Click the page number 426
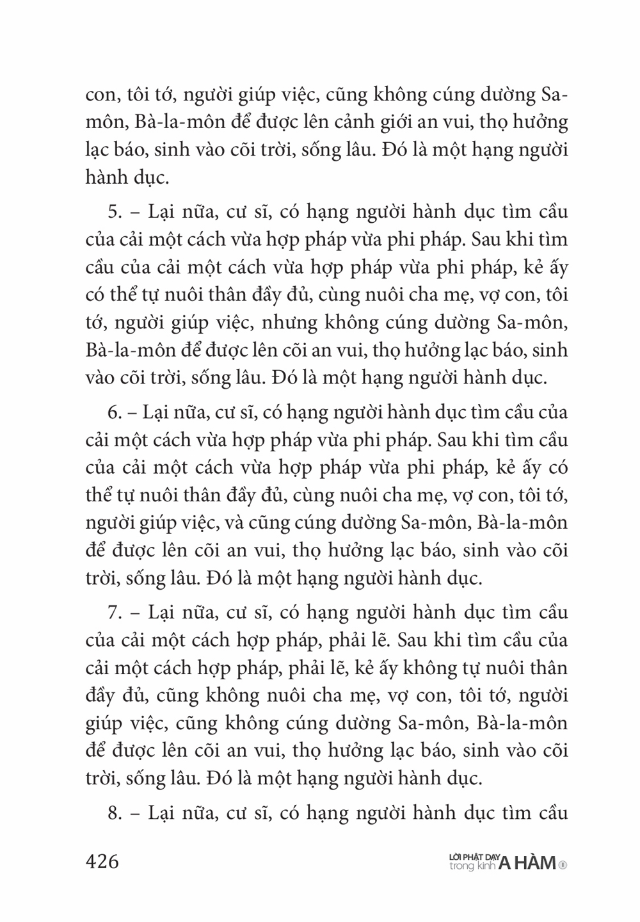[102, 861]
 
